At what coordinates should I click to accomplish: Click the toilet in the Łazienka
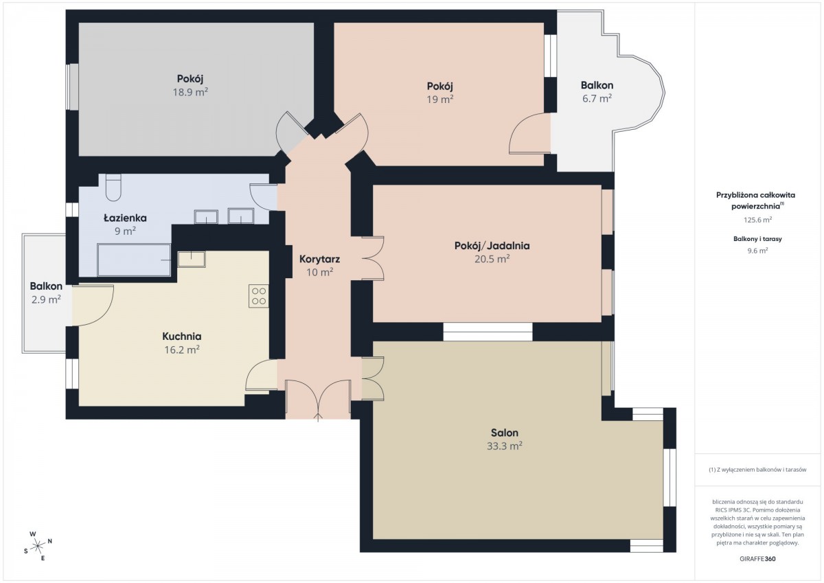click(x=113, y=187)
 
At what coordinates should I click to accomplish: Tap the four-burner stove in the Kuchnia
click(x=258, y=296)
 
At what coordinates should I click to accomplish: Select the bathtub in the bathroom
click(x=135, y=260)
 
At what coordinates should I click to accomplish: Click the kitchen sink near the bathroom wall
click(x=192, y=259)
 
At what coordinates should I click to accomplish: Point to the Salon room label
click(x=504, y=433)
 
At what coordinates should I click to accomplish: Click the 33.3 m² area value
click(x=504, y=446)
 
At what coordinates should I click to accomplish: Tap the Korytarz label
click(x=319, y=259)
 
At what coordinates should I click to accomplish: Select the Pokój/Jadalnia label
click(x=492, y=246)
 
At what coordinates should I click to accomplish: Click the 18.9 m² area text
click(x=190, y=92)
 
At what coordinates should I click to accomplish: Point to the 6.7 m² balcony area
click(x=597, y=99)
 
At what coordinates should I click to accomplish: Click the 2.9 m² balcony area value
click(x=46, y=300)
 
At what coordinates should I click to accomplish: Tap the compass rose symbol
click(x=38, y=546)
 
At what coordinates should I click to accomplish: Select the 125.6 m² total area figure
click(x=757, y=220)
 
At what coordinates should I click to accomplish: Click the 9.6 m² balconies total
click(x=757, y=251)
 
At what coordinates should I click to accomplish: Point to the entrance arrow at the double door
click(x=318, y=417)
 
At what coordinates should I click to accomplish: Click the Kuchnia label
click(x=182, y=336)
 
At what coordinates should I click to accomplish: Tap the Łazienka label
click(x=125, y=218)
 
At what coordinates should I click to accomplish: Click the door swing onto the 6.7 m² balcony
click(x=529, y=133)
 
